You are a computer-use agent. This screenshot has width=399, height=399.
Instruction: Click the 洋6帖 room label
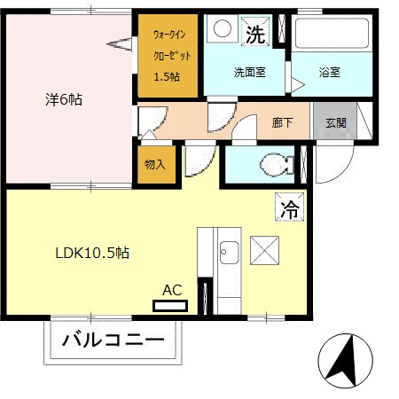64,99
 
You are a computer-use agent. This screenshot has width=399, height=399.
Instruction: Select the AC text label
172,289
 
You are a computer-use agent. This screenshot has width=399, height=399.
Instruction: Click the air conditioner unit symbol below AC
170,306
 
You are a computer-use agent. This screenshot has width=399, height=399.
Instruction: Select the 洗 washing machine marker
254,35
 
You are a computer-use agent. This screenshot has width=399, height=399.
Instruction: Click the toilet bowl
277,164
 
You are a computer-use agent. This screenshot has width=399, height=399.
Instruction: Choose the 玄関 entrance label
335,123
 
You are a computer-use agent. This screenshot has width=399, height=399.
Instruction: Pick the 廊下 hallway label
284,123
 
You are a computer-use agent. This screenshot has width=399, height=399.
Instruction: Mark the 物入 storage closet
154,165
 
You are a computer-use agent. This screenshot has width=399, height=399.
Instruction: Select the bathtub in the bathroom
331,35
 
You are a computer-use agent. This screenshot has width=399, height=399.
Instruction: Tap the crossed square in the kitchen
264,250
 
